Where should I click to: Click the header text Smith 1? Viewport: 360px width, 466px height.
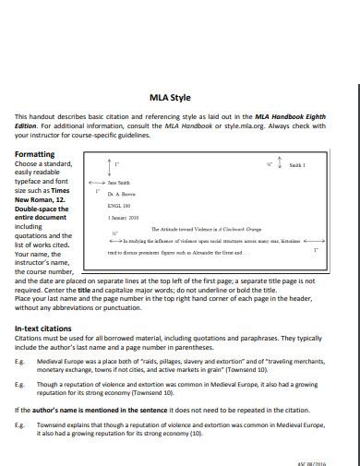tap(297, 165)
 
